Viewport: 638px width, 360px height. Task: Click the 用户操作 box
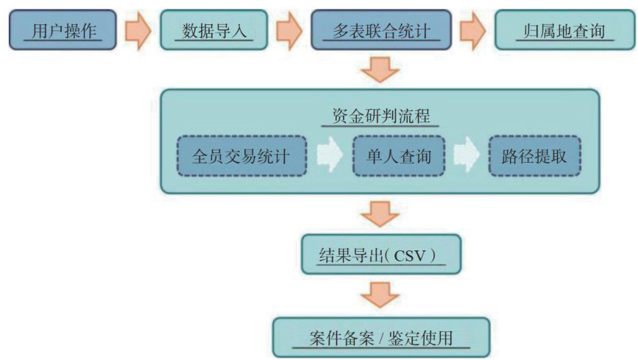[x=63, y=29]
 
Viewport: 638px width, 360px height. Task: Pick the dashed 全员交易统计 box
[x=241, y=155]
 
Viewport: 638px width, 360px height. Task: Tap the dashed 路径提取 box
[x=534, y=155]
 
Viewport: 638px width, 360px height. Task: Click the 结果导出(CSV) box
[x=380, y=255]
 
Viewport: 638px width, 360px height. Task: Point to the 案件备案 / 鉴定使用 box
[x=380, y=338]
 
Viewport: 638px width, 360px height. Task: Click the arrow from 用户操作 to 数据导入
[x=138, y=30]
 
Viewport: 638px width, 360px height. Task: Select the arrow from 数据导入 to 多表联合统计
[x=289, y=30]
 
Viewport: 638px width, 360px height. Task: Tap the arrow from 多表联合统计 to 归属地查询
[x=473, y=30]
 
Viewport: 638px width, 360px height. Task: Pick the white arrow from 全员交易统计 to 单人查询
[x=329, y=156]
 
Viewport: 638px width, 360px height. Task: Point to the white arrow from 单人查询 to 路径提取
[x=467, y=156]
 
